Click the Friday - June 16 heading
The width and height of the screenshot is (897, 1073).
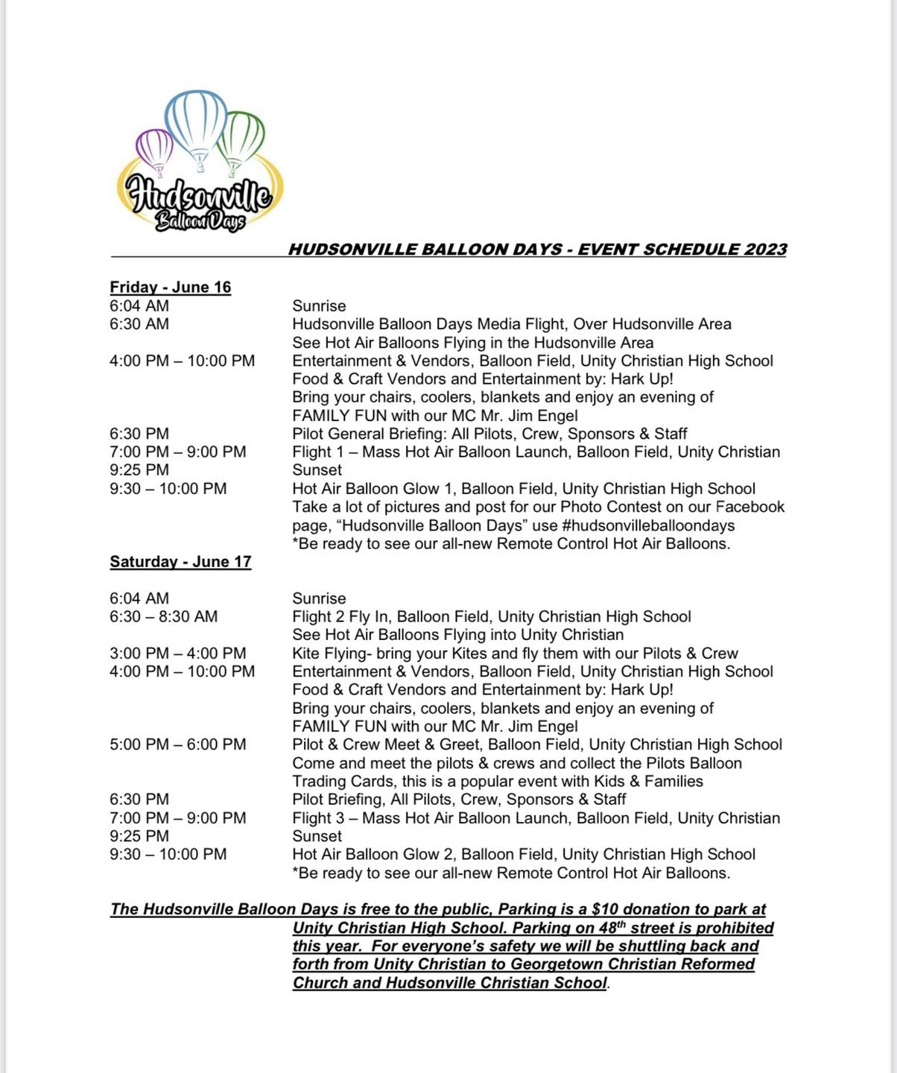[x=171, y=287]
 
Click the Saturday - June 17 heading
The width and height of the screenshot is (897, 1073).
[x=180, y=561]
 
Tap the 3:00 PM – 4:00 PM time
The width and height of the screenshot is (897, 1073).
[x=177, y=653]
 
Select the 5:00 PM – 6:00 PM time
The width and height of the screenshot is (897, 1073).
[x=177, y=744]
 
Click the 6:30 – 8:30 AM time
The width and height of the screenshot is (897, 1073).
[x=164, y=616]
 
